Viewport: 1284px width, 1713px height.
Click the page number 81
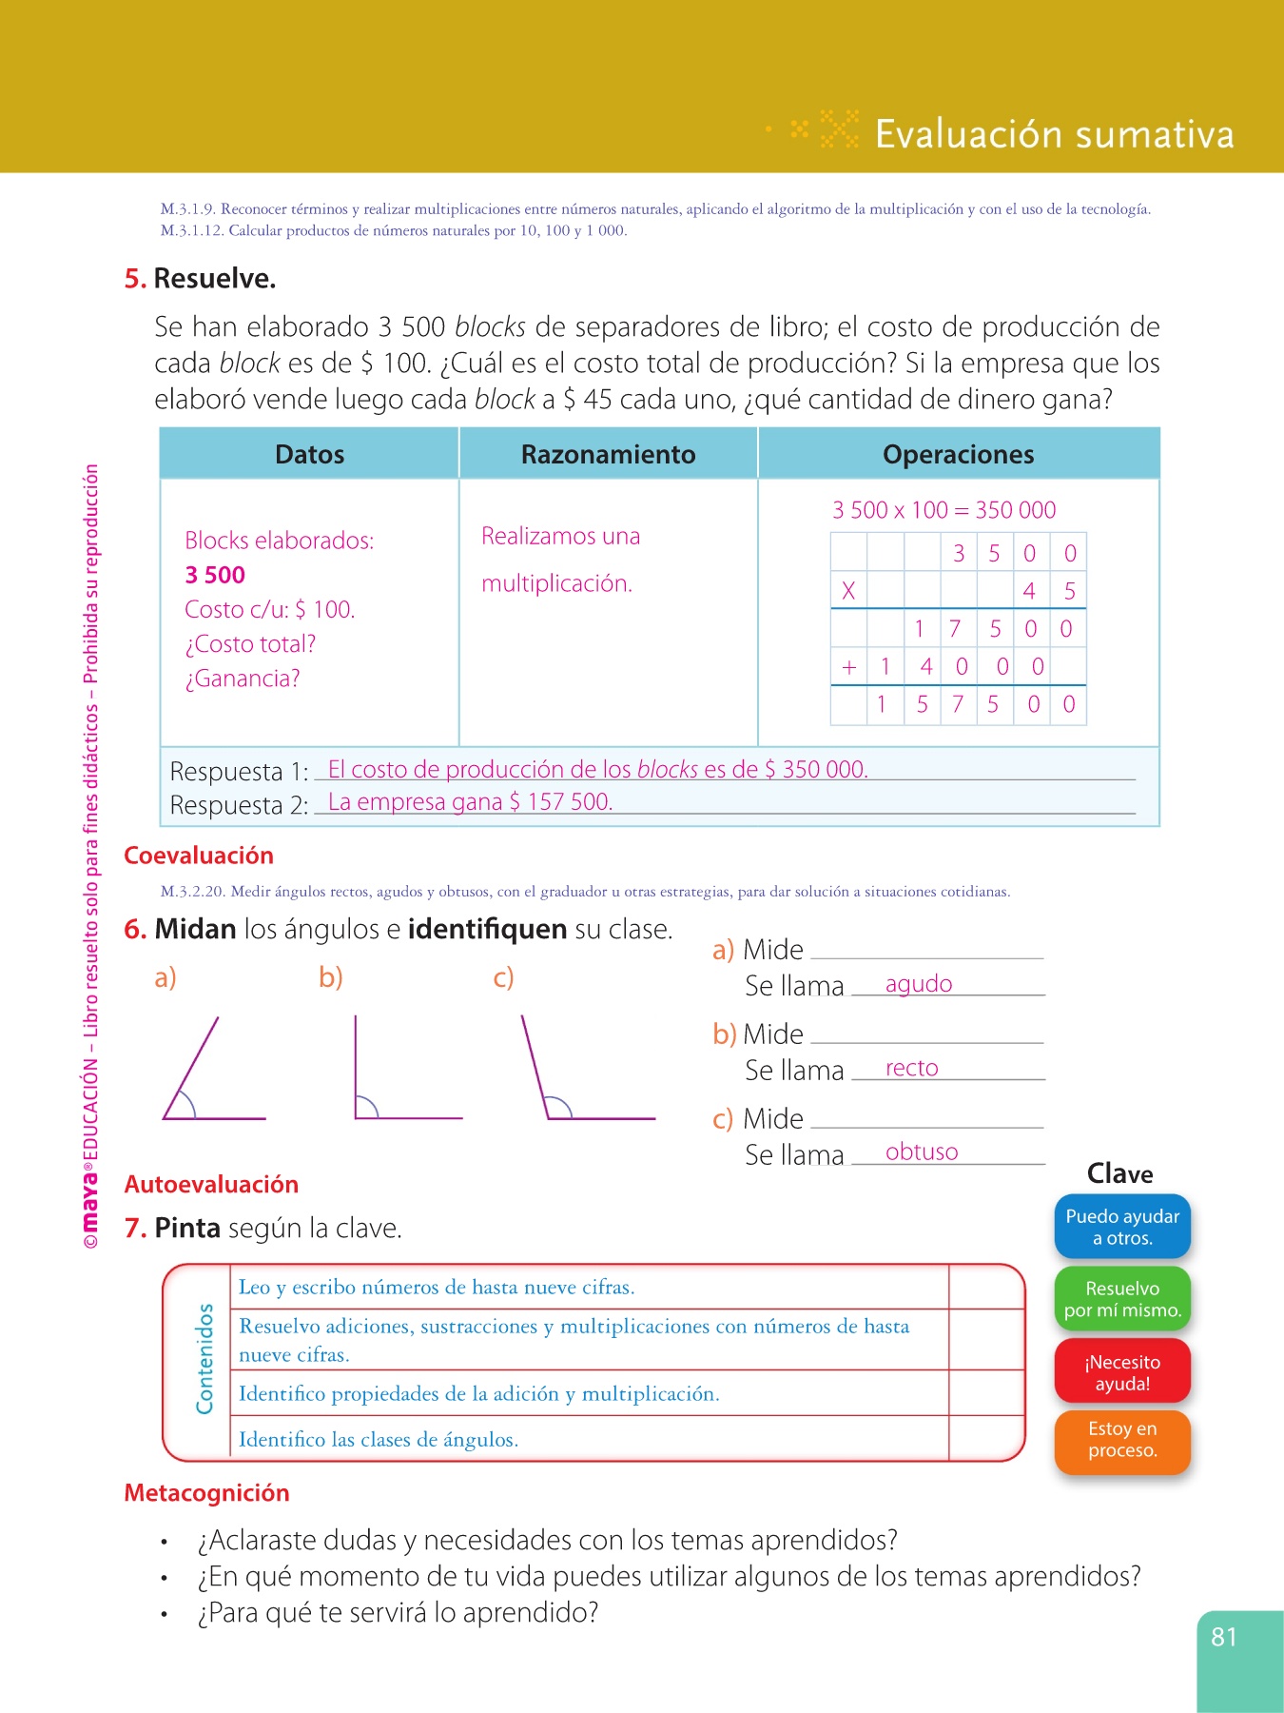pyautogui.click(x=1224, y=1637)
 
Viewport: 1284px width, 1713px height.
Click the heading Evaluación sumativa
pyautogui.click(x=1054, y=134)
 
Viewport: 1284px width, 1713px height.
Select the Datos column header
pyautogui.click(x=309, y=455)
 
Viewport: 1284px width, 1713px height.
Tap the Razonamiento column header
pyautogui.click(x=608, y=455)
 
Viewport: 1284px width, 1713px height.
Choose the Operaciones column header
pyautogui.click(x=958, y=455)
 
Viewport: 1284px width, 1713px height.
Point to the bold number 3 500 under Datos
pyautogui.click(x=215, y=575)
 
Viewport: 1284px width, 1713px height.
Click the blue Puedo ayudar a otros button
pyautogui.click(x=1122, y=1227)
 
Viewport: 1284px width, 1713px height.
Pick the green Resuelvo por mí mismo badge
pyautogui.click(x=1122, y=1299)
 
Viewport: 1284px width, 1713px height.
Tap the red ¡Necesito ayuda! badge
pyautogui.click(x=1122, y=1372)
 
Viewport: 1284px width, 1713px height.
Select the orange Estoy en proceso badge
pyautogui.click(x=1122, y=1439)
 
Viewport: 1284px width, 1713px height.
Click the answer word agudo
pyautogui.click(x=919, y=984)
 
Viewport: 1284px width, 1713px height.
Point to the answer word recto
pyautogui.click(x=911, y=1068)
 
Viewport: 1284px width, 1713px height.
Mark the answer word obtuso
pyautogui.click(x=922, y=1152)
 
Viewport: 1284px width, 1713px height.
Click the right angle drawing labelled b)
pyautogui.click(x=399, y=1075)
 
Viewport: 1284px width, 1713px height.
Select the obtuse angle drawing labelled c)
pyautogui.click(x=580, y=1075)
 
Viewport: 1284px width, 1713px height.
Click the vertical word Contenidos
pyautogui.click(x=204, y=1359)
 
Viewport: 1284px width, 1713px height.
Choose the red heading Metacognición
pyautogui.click(x=206, y=1492)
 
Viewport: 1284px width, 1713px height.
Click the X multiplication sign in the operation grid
pyautogui.click(x=848, y=591)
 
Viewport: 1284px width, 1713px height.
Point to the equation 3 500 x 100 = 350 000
pyautogui.click(x=944, y=510)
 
